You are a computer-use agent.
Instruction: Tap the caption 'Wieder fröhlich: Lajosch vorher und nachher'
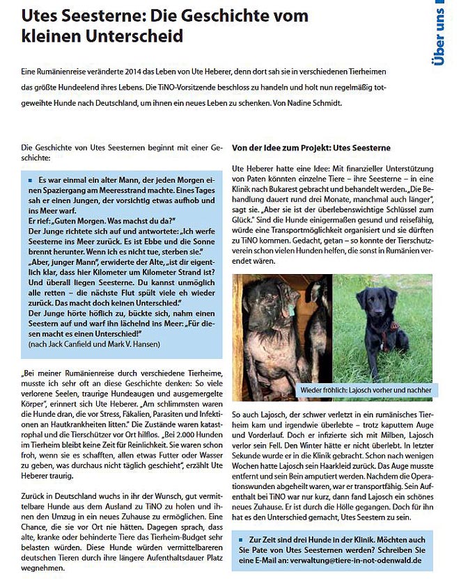point(366,390)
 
